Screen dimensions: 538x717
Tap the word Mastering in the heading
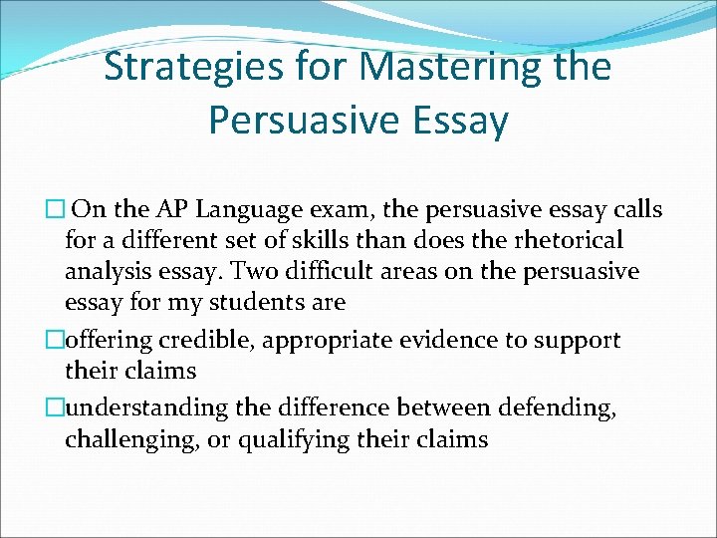point(446,68)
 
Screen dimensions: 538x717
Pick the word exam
point(332,210)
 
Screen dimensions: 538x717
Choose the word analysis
point(109,271)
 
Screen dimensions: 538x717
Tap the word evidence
point(443,340)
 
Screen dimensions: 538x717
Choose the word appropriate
point(325,340)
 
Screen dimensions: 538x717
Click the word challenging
point(134,439)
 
